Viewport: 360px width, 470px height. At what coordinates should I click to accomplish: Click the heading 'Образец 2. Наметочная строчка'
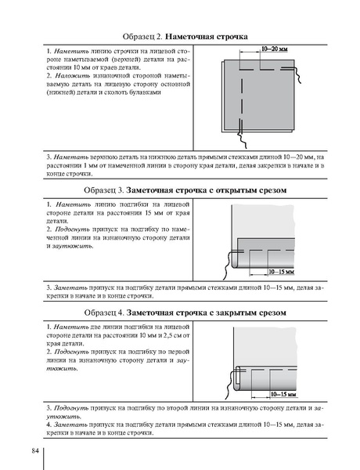pyautogui.click(x=185, y=37)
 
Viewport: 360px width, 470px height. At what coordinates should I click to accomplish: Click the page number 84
pyautogui.click(x=35, y=451)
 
